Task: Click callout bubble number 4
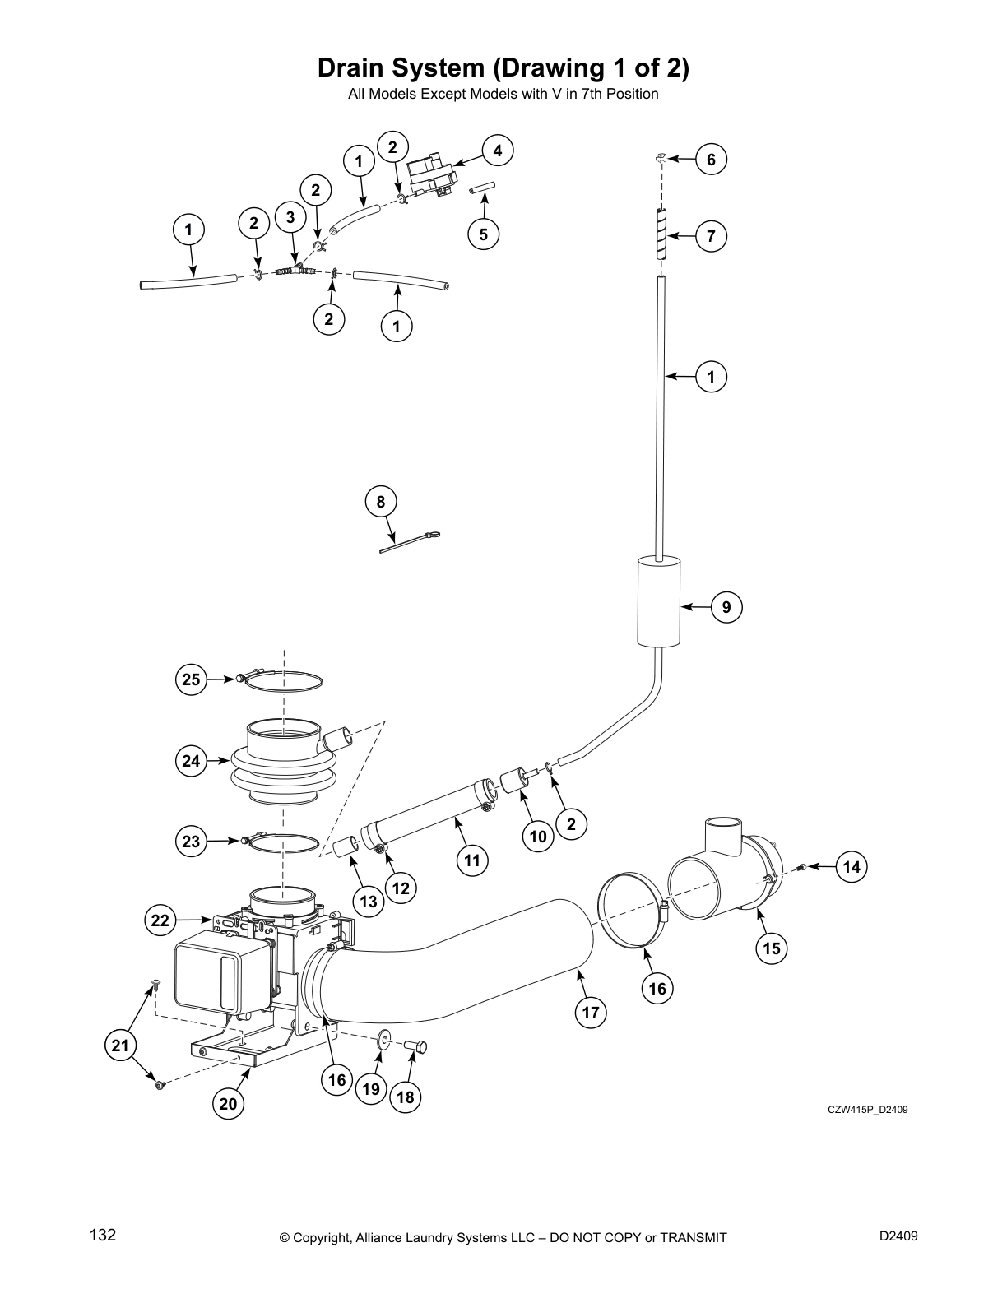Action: click(497, 151)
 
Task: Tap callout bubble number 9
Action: click(726, 608)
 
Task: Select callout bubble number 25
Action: click(191, 679)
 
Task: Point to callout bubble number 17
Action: click(591, 1013)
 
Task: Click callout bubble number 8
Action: click(380, 502)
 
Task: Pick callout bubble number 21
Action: click(121, 1046)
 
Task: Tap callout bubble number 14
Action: click(852, 866)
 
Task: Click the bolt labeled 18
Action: click(416, 1046)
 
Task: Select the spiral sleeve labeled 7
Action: click(661, 234)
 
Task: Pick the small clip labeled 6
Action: click(661, 157)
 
